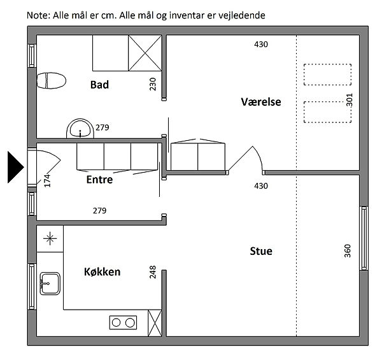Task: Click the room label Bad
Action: click(x=99, y=85)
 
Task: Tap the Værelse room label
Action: click(x=261, y=102)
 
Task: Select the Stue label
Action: click(x=261, y=251)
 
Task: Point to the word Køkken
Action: click(x=102, y=272)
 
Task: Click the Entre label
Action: click(x=99, y=180)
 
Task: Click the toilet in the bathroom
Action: click(x=51, y=81)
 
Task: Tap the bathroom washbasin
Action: click(x=80, y=129)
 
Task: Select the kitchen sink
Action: click(x=50, y=284)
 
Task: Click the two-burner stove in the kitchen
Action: click(x=123, y=322)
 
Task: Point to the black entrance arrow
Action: click(x=15, y=167)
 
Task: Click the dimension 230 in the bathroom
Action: click(x=153, y=84)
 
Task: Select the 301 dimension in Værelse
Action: click(x=350, y=100)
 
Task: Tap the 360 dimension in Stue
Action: click(x=348, y=251)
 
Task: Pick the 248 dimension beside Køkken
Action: click(x=153, y=272)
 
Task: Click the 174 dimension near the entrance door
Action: click(x=47, y=180)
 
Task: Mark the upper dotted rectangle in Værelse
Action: click(x=327, y=75)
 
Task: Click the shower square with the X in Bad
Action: click(x=145, y=53)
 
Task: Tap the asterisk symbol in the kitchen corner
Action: click(x=50, y=238)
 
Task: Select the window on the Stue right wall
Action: click(x=364, y=238)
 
